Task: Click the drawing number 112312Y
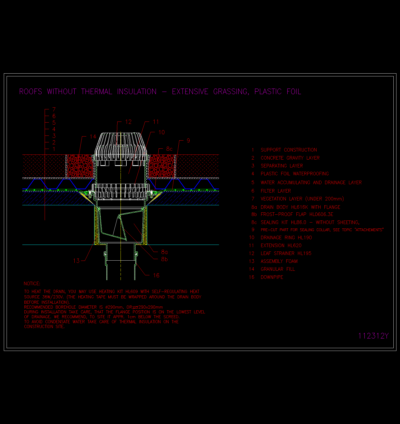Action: tap(373, 336)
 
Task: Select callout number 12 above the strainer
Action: tap(128, 122)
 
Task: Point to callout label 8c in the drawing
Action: tap(169, 149)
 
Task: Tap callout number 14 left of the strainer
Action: tap(93, 137)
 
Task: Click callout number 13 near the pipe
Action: tap(76, 261)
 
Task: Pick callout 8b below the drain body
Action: tap(164, 259)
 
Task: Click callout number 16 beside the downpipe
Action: tap(156, 276)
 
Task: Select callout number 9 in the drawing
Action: tap(188, 141)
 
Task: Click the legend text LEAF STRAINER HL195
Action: tap(286, 253)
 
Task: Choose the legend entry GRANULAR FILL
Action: tap(278, 269)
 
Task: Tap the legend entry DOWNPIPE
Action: tap(272, 277)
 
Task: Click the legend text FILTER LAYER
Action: tap(276, 191)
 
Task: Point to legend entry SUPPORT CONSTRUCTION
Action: tap(289, 150)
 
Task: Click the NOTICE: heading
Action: tap(32, 284)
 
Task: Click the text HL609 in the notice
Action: tap(132, 292)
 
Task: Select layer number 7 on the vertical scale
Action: tap(54, 109)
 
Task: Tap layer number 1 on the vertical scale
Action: tap(54, 149)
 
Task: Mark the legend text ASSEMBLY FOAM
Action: tap(279, 261)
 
